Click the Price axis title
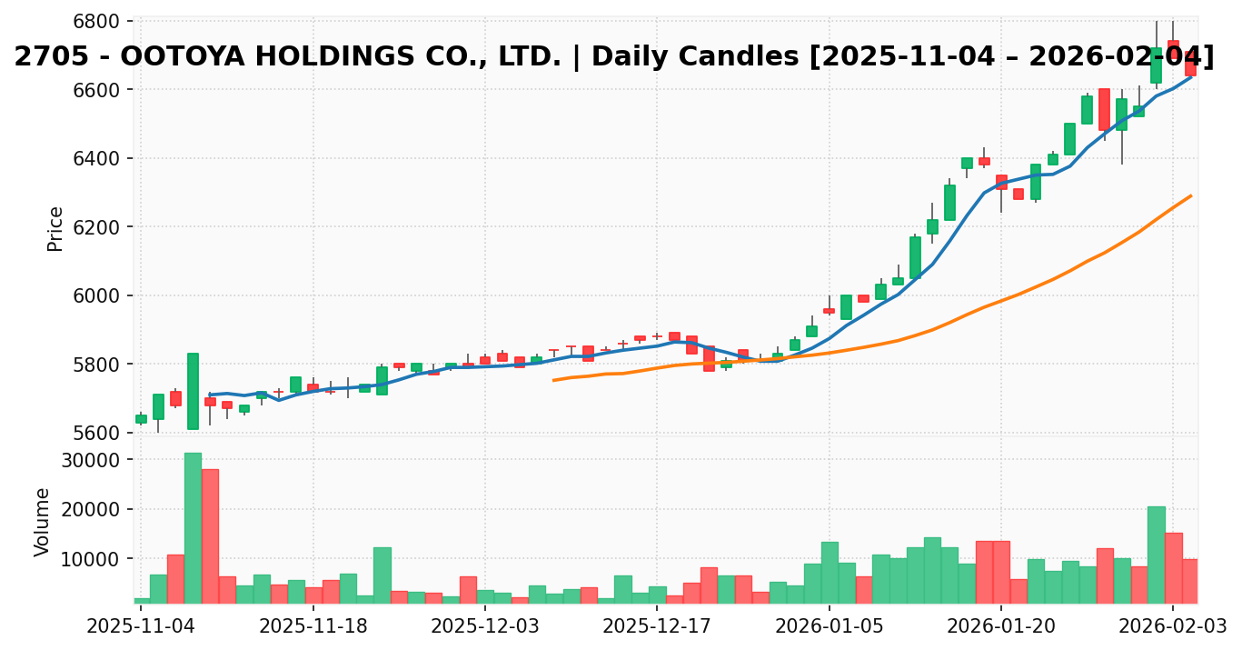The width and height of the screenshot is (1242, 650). point(55,228)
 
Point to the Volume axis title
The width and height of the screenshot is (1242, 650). point(43,522)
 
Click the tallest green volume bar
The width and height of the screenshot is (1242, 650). point(193,527)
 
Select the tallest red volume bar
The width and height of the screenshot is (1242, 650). point(210,535)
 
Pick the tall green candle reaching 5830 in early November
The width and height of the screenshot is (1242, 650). point(193,391)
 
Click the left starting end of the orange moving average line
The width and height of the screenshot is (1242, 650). point(553,380)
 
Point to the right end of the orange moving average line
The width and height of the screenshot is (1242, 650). point(1190,195)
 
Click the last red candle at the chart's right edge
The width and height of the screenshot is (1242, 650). point(1190,63)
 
